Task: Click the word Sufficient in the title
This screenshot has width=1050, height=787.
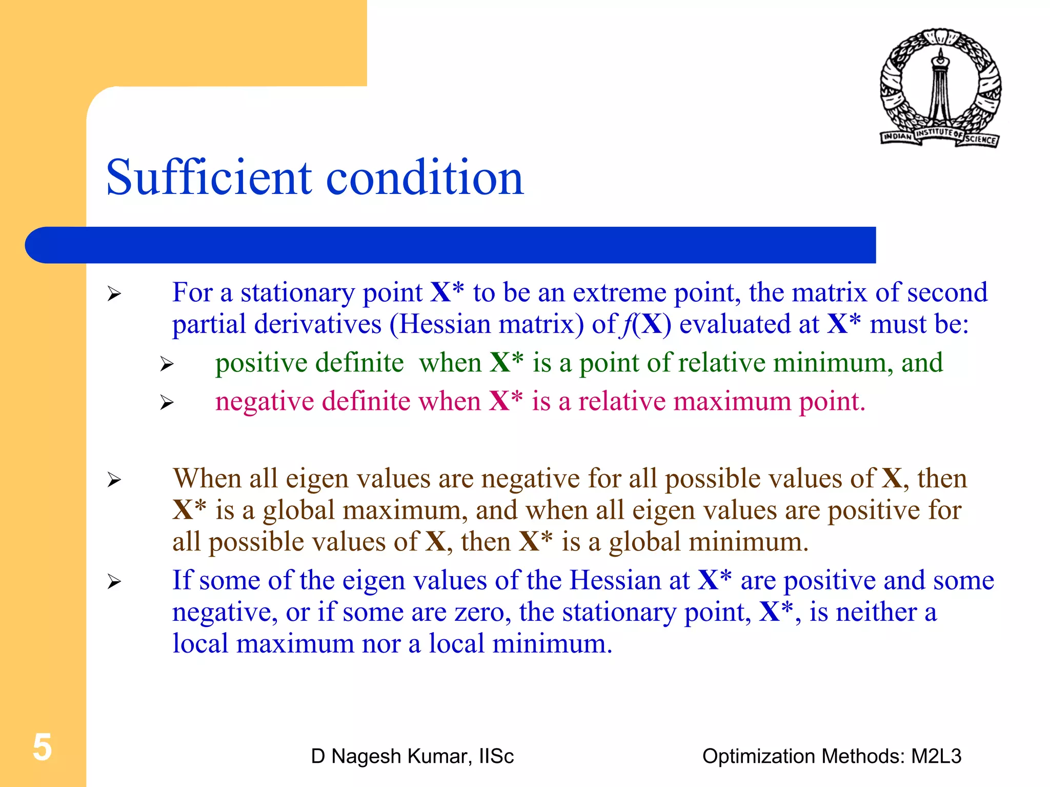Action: pos(208,178)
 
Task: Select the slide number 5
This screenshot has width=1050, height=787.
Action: pos(42,747)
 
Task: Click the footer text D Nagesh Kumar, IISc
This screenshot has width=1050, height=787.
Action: pos(412,756)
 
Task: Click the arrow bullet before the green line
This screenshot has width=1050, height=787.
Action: pos(167,364)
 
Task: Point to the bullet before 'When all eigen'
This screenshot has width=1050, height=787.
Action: pos(114,480)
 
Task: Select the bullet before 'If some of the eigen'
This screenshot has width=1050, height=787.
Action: pos(114,582)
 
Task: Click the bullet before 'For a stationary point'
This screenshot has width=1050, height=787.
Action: pos(114,294)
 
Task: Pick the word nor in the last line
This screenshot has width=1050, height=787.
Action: pos(380,644)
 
